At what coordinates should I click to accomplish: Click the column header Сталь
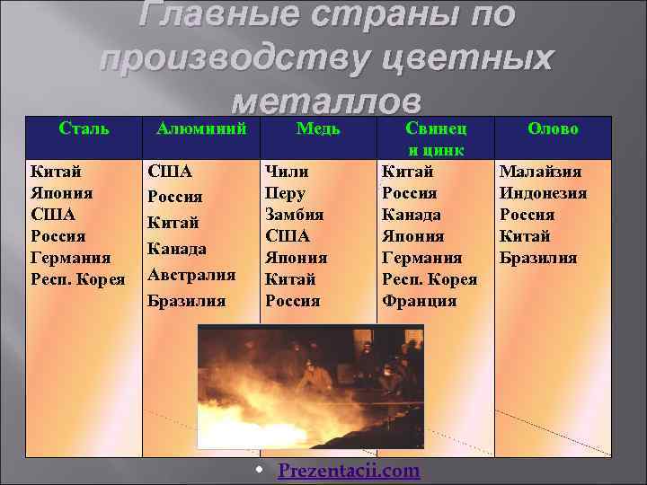(84, 128)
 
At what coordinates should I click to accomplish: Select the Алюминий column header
(201, 128)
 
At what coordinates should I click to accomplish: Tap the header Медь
(318, 128)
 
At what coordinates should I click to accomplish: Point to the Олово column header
(553, 128)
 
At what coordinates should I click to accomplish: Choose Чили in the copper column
(287, 172)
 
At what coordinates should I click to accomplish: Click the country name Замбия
(294, 215)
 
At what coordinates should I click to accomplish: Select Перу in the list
(286, 193)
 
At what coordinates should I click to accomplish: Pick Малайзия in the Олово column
(540, 172)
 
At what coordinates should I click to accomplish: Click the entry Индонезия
(543, 193)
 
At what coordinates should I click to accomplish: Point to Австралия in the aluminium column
(191, 274)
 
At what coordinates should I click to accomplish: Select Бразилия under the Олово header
(538, 258)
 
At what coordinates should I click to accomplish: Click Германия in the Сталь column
(71, 258)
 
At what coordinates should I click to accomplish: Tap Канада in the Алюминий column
(178, 248)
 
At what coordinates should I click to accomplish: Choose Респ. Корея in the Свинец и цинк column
(430, 279)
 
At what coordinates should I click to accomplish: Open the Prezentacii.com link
(348, 471)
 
